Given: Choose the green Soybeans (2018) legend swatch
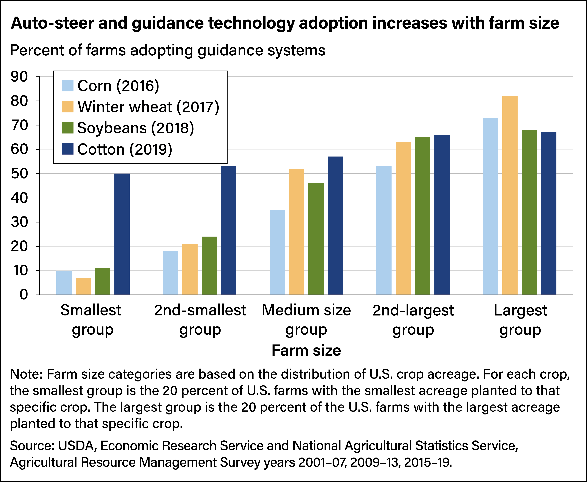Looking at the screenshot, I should click(x=68, y=128).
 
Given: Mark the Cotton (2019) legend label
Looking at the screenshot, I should click(x=125, y=149).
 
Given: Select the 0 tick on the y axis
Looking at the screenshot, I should click(x=24, y=295).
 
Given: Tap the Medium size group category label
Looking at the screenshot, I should click(x=306, y=320).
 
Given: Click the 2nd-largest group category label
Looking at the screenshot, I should click(x=413, y=320).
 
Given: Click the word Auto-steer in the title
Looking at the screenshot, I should click(x=52, y=23).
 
